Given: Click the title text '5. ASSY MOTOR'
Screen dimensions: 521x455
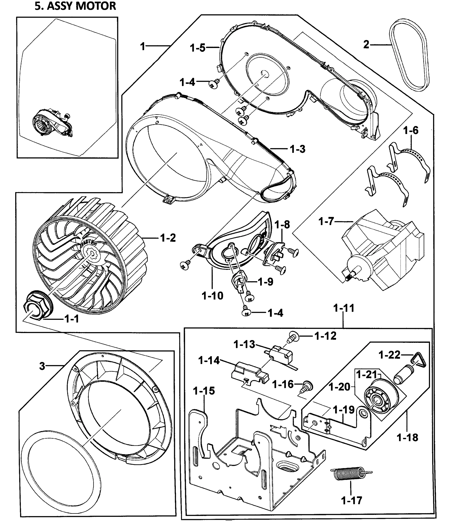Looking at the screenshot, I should pyautogui.click(x=75, y=6).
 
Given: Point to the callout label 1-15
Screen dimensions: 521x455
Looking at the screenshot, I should pyautogui.click(x=204, y=391).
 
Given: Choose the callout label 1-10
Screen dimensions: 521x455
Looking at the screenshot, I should pyautogui.click(x=212, y=295).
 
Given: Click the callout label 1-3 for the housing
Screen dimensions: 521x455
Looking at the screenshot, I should pyautogui.click(x=297, y=149).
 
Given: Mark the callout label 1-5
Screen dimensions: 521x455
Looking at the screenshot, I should pyautogui.click(x=198, y=48).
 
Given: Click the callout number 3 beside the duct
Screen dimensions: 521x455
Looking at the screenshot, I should pyautogui.click(x=42, y=366).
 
